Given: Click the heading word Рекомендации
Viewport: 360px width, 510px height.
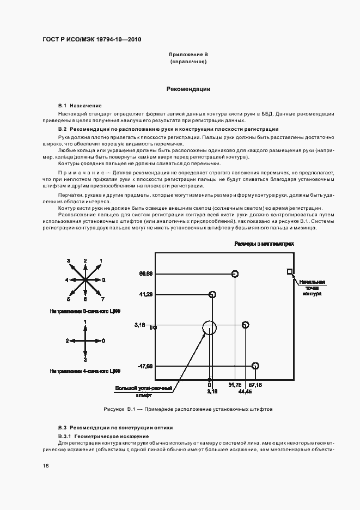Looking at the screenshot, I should (188, 89).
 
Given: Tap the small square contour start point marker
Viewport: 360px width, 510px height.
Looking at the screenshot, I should (290, 271).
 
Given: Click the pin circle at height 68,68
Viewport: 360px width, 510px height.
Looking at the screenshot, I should (235, 274).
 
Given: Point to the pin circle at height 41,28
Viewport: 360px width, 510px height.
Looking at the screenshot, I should (213, 295).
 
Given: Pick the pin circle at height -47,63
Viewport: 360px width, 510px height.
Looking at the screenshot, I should (255, 366).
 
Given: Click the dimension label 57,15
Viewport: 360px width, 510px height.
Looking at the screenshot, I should (255, 385).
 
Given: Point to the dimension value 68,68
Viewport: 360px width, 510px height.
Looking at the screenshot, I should (145, 273).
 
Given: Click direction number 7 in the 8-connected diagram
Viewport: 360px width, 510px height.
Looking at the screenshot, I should (102, 299).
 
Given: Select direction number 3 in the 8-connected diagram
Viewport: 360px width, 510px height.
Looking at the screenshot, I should (69, 261).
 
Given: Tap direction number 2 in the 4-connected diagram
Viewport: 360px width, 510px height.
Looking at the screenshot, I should (67, 341).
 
